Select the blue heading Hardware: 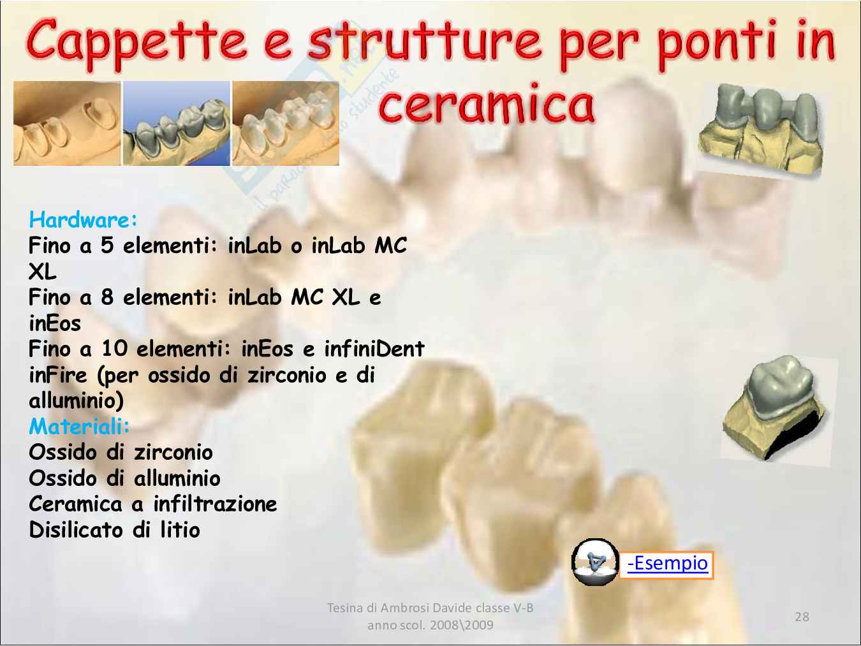83,219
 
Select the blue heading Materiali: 79,426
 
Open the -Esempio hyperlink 667,564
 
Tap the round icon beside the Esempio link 594,562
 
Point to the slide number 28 802,617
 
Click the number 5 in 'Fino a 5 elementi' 107,246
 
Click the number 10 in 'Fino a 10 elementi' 115,348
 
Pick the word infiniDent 374,348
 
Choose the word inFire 57,375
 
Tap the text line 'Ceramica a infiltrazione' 153,504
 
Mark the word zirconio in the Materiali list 173,452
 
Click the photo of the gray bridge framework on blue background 176,123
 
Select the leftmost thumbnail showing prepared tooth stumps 67,123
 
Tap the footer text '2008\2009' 462,625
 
